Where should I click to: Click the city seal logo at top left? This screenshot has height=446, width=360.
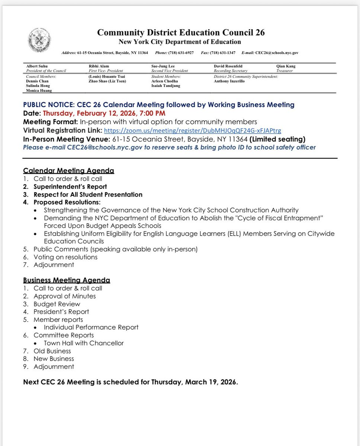[x=39, y=40]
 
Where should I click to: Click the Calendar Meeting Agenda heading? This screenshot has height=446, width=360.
[x=68, y=171]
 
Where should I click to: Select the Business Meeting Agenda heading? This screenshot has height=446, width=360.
[x=67, y=280]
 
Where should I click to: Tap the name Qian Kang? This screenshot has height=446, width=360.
[x=286, y=66]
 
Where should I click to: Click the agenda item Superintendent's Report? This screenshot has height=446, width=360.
[x=70, y=187]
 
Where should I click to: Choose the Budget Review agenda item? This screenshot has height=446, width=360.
[x=57, y=304]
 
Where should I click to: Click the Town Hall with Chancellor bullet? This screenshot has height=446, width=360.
[x=84, y=343]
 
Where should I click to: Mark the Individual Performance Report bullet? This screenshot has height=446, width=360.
[x=91, y=327]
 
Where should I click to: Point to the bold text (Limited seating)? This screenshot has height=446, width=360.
[x=277, y=139]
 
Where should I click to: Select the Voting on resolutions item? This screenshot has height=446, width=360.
[x=65, y=257]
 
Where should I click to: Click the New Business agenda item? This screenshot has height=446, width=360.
[x=54, y=359]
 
